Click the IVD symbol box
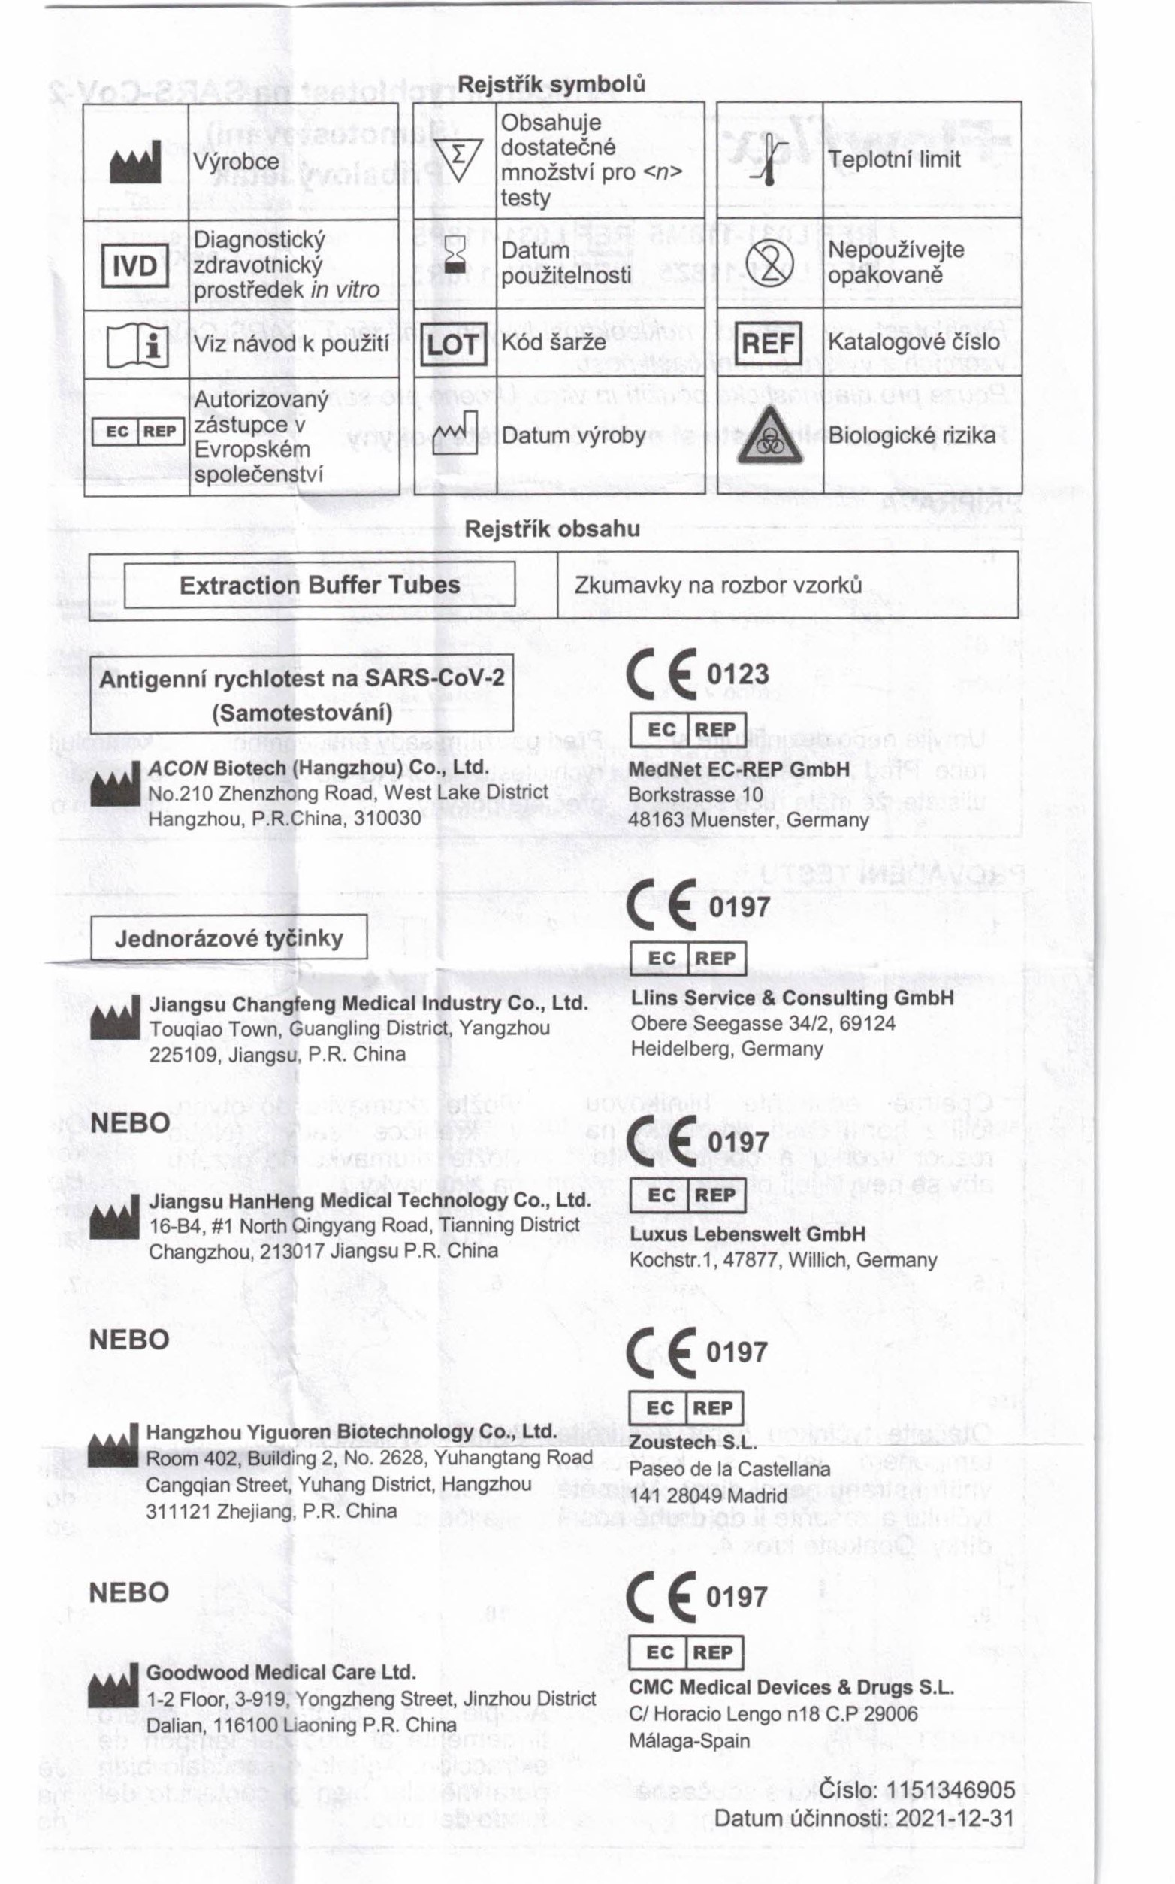[135, 265]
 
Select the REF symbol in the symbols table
[769, 343]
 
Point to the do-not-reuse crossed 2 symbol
[769, 263]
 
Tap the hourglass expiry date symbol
[455, 255]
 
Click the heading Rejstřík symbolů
[551, 84]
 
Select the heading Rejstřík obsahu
[551, 529]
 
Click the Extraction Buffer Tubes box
[319, 585]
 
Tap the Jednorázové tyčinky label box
[228, 937]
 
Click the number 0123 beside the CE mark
[738, 674]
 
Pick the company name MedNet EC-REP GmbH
[739, 769]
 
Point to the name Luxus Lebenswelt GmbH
[747, 1234]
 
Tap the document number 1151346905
[950, 1790]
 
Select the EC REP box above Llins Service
[687, 958]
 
